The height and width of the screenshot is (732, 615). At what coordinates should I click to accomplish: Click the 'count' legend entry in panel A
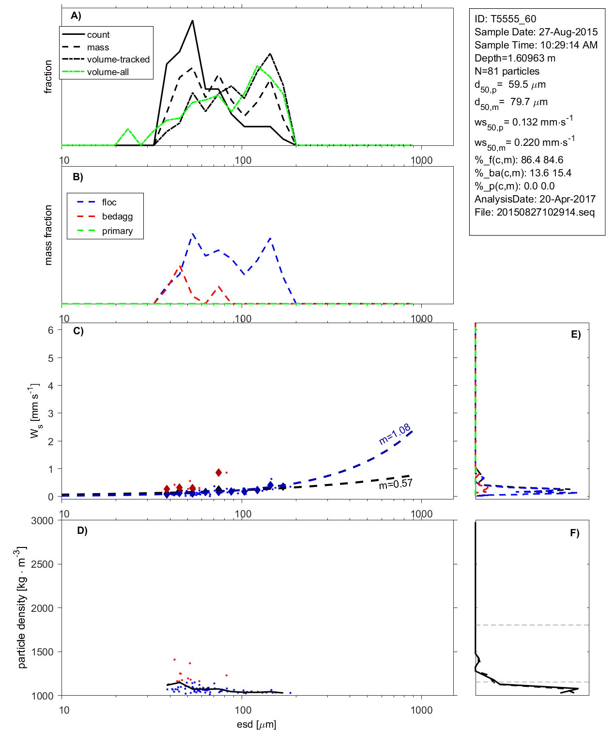click(x=98, y=35)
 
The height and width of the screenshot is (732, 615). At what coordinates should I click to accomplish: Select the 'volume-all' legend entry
click(x=108, y=72)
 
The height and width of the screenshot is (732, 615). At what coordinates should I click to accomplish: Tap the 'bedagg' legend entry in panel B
click(x=117, y=217)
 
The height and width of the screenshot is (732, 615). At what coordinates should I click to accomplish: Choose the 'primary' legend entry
click(x=117, y=231)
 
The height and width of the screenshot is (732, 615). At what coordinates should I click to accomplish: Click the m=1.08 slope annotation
click(x=395, y=434)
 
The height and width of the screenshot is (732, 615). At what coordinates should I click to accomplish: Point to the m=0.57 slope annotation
click(x=396, y=483)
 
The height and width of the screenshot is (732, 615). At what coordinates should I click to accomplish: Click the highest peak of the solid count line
click(x=193, y=21)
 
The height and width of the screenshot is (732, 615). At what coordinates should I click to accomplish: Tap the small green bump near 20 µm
click(x=128, y=129)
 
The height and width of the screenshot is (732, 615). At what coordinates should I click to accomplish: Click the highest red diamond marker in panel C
click(x=219, y=472)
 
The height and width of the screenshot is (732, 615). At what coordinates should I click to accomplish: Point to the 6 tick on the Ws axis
click(x=51, y=330)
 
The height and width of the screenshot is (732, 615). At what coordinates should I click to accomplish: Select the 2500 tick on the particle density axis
click(x=42, y=564)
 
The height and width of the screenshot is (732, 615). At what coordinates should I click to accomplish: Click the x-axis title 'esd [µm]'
click(x=256, y=724)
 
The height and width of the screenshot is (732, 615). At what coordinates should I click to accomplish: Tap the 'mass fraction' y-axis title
click(x=48, y=235)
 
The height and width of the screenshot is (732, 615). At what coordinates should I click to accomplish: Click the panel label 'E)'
click(x=575, y=334)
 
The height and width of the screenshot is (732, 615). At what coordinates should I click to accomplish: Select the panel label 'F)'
click(x=574, y=533)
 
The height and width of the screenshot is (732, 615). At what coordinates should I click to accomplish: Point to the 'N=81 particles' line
click(x=507, y=71)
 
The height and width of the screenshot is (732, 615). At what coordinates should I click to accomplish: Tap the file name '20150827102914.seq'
click(x=545, y=212)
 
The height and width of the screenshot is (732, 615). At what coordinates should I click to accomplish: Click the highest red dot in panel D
click(x=174, y=659)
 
